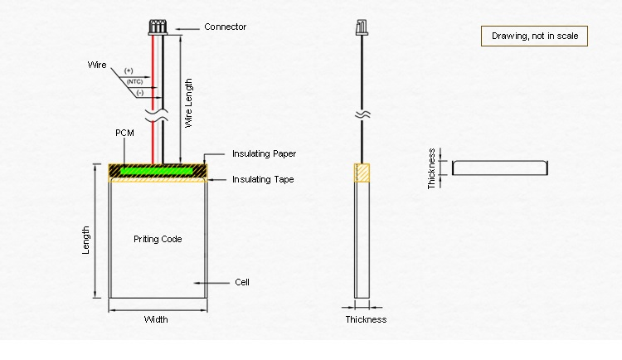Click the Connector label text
pyautogui.click(x=225, y=27)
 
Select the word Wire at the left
pyautogui.click(x=97, y=65)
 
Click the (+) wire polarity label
pyautogui.click(x=129, y=71)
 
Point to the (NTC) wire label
pyautogui.click(x=134, y=82)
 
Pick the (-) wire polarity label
pyautogui.click(x=139, y=93)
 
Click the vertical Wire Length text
pyautogui.click(x=189, y=102)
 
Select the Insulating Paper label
pyautogui.click(x=264, y=153)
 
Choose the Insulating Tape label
pyautogui.click(x=263, y=179)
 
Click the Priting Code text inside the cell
pyautogui.click(x=158, y=239)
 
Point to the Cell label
pyautogui.click(x=242, y=282)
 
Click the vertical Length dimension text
pyautogui.click(x=86, y=240)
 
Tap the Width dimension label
pyautogui.click(x=156, y=319)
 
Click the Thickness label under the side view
pyautogui.click(x=366, y=319)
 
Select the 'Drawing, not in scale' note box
pyautogui.click(x=535, y=36)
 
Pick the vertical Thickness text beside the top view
pyautogui.click(x=432, y=168)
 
